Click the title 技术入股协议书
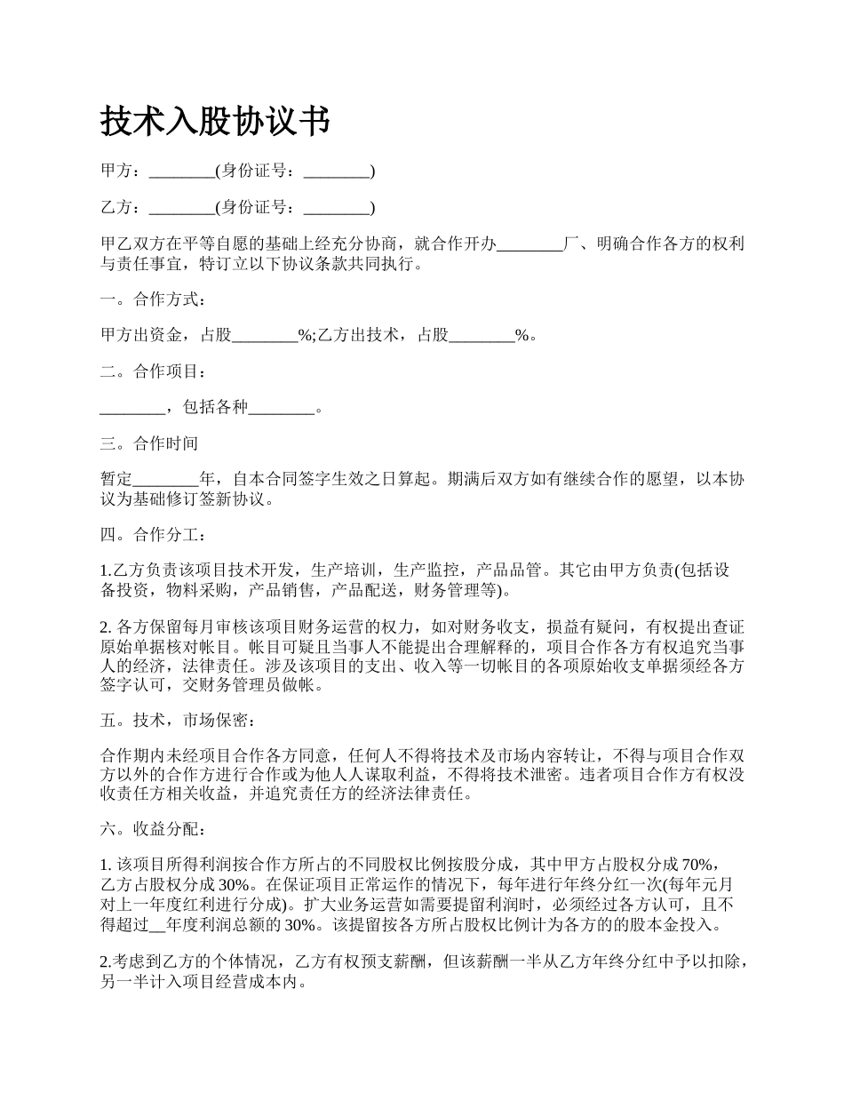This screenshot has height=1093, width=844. [x=215, y=121]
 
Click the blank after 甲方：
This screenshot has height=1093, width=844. [x=182, y=172]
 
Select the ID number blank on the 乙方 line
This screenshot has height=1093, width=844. [x=336, y=208]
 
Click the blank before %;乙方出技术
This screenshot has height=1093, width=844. [x=265, y=336]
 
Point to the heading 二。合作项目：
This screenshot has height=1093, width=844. [x=153, y=371]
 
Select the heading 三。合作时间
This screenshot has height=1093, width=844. [x=149, y=443]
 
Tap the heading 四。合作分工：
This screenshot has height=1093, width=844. [x=153, y=535]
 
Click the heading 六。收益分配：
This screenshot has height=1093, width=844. [x=153, y=829]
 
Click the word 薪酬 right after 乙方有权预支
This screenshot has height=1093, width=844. [x=409, y=963]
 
